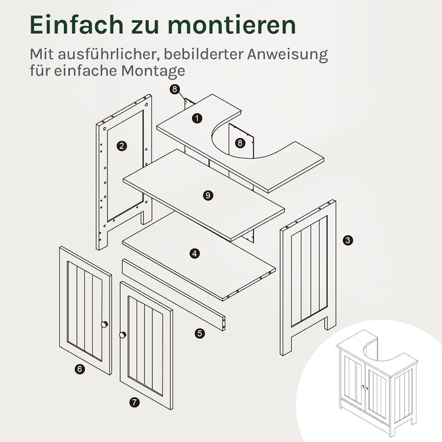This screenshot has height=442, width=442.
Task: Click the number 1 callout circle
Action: [x=196, y=117]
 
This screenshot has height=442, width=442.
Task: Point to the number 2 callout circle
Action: [x=122, y=145]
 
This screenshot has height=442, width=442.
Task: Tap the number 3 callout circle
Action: [x=348, y=240]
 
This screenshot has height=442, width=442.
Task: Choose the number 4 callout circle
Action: [x=195, y=252]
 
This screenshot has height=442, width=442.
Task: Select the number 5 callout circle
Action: [x=200, y=333]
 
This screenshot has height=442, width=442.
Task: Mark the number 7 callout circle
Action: [x=134, y=403]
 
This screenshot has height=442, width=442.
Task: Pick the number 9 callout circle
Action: [x=208, y=195]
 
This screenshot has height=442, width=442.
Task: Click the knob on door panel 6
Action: [x=104, y=324]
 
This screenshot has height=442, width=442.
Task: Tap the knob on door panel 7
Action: [x=123, y=335]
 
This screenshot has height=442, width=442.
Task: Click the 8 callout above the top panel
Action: [x=175, y=90]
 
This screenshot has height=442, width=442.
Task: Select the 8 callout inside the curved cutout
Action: [x=240, y=143]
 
